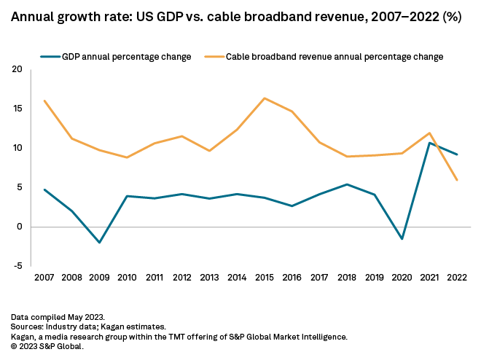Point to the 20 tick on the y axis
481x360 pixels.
(x=17, y=70)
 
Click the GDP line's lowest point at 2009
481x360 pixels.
(x=99, y=243)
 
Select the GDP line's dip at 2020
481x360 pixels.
(x=402, y=239)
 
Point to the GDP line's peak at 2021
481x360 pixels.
(x=429, y=143)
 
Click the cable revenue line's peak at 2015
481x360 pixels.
(x=264, y=98)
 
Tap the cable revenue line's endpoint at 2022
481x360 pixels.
(x=457, y=180)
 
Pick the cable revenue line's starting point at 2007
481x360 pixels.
(x=44, y=101)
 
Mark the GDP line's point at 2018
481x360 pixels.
(x=346, y=184)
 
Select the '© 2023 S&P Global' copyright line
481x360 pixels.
(x=48, y=347)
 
